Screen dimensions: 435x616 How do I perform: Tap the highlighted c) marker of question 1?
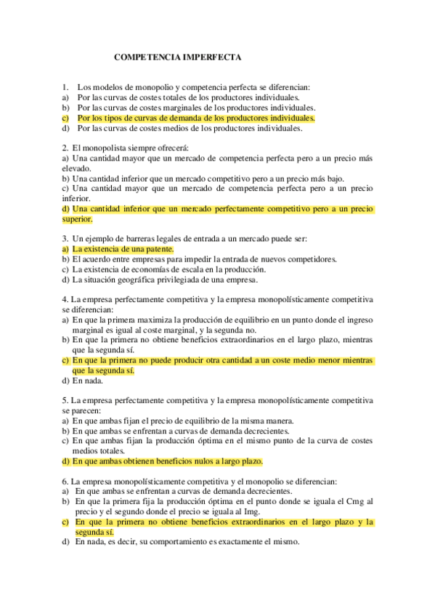point(65,117)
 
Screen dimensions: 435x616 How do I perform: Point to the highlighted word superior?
point(78,219)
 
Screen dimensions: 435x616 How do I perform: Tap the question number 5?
point(65,400)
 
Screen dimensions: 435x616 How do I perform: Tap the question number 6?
point(65,481)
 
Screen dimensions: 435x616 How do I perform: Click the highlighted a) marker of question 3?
point(65,248)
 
